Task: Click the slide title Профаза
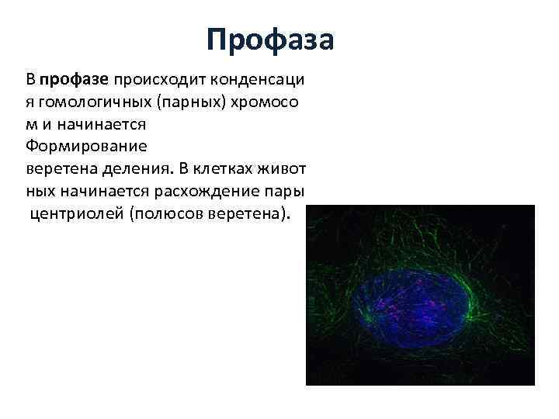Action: click(270, 40)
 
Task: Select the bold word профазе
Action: click(75, 79)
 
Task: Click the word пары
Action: click(284, 191)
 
